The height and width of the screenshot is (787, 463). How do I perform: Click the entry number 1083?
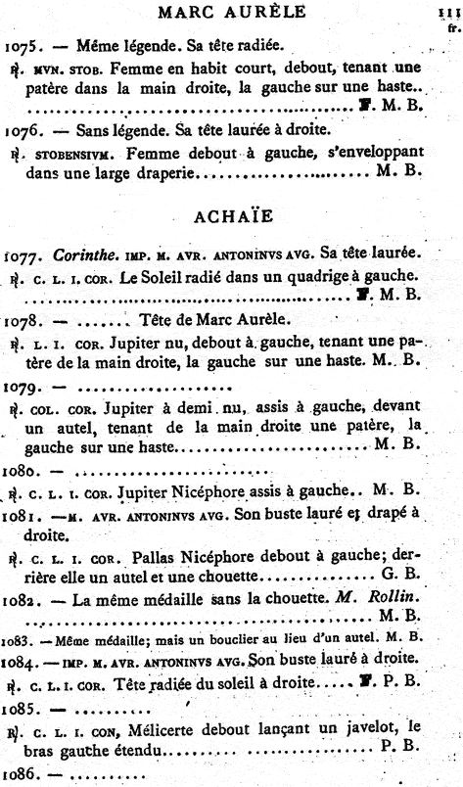tap(21, 664)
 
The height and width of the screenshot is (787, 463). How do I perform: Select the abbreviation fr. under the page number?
tap(452, 28)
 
